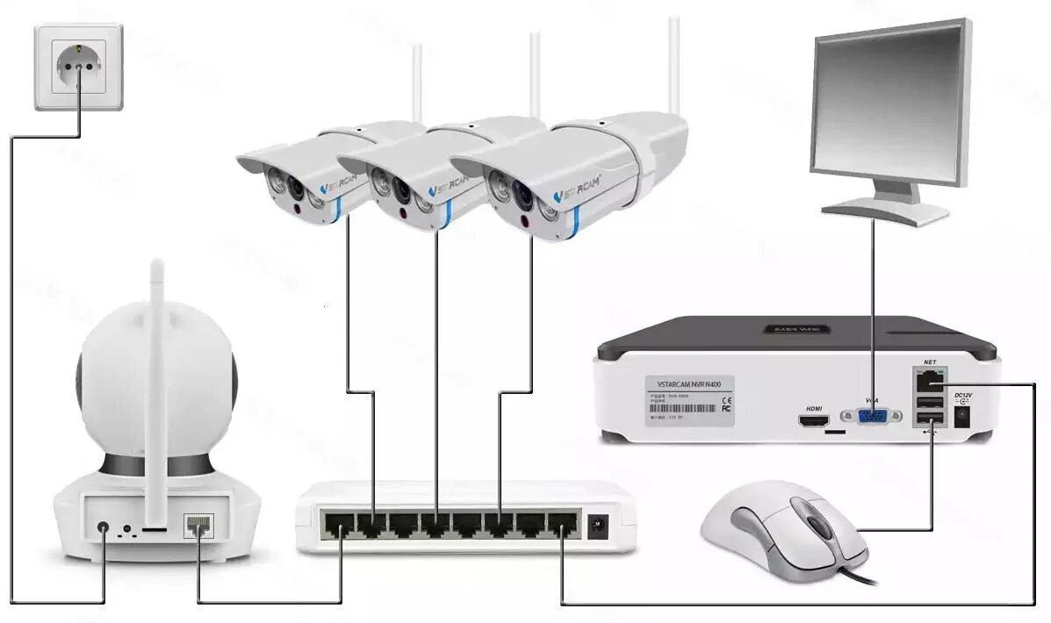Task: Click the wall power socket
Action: [x=78, y=66]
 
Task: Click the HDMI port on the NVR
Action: [x=814, y=420]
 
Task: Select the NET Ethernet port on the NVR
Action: [x=928, y=382]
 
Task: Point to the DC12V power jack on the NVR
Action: [x=961, y=419]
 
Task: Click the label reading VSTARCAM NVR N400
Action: [x=689, y=384]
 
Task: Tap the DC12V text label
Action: [x=962, y=396]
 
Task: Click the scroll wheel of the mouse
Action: [x=817, y=526]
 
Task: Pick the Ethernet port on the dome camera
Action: [x=198, y=526]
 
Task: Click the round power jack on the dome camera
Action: [x=104, y=529]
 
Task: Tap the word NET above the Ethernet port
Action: [x=930, y=362]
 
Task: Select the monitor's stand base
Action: [x=886, y=211]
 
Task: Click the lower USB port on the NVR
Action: [x=929, y=420]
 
